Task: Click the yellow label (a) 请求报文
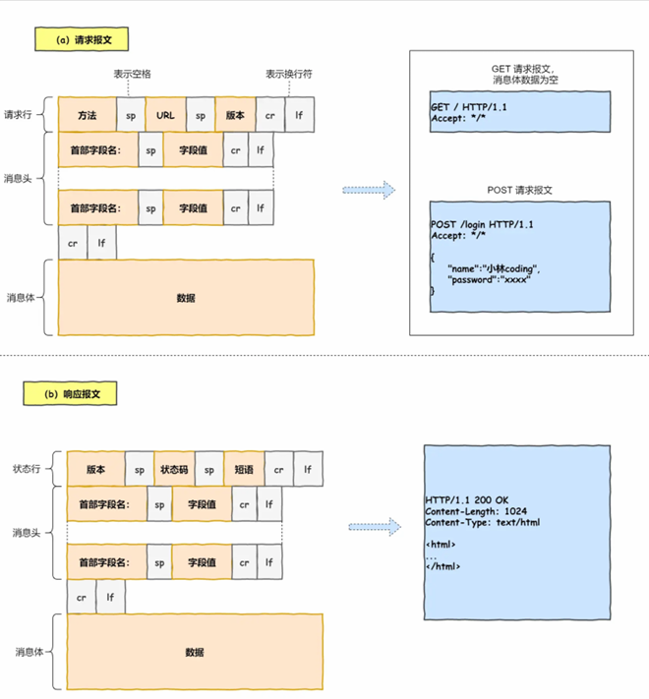[x=83, y=39]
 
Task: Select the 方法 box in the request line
[x=87, y=115]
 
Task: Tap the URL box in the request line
[x=165, y=115]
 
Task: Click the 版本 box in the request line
[x=235, y=115]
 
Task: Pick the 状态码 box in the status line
[x=174, y=470]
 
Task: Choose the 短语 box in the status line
[x=243, y=470]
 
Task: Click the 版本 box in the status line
[x=95, y=470]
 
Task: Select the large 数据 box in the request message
[x=186, y=297]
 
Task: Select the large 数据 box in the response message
[x=194, y=652]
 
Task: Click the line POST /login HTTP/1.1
[x=482, y=225]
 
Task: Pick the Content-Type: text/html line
[x=482, y=523]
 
